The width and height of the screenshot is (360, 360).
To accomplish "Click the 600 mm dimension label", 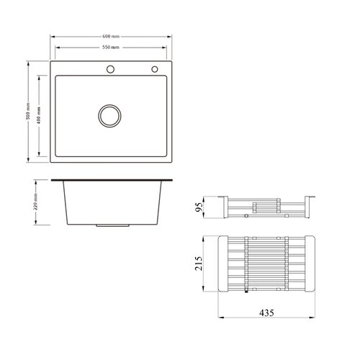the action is [x=111, y=37].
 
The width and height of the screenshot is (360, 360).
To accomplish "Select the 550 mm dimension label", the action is [x=111, y=48].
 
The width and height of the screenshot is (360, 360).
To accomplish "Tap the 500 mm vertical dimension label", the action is [x=28, y=111].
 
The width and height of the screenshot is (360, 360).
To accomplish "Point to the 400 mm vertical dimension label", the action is [x=39, y=115].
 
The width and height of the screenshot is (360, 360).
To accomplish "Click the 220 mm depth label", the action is [x=36, y=202].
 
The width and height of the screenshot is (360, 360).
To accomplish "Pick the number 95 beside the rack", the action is [x=199, y=207].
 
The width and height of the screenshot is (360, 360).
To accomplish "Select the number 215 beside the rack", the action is [x=199, y=264].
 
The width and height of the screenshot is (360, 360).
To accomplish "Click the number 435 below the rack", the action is [x=266, y=313].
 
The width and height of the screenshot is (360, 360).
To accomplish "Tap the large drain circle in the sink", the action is [x=109, y=116].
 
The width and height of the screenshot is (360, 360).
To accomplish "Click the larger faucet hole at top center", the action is [x=110, y=69].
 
